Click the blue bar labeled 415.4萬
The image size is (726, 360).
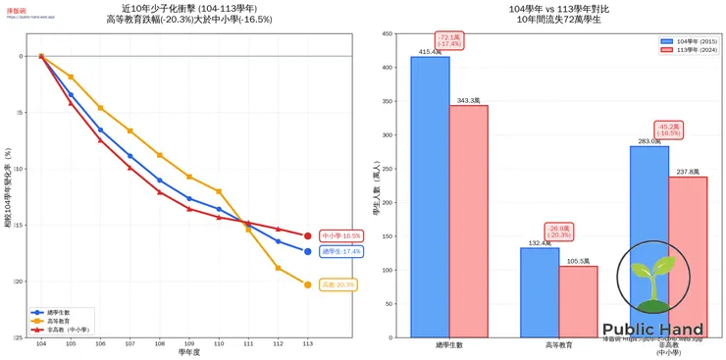click(x=430, y=196)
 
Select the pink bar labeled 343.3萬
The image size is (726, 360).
click(x=468, y=221)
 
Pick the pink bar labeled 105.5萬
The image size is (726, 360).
click(x=578, y=301)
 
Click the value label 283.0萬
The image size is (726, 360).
click(x=649, y=141)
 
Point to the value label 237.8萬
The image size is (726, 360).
click(x=688, y=172)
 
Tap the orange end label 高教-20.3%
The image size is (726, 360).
click(x=339, y=284)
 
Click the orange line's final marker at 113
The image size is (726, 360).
click(x=307, y=284)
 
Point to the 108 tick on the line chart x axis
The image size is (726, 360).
click(x=159, y=344)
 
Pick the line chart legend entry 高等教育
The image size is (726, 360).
click(x=61, y=321)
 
